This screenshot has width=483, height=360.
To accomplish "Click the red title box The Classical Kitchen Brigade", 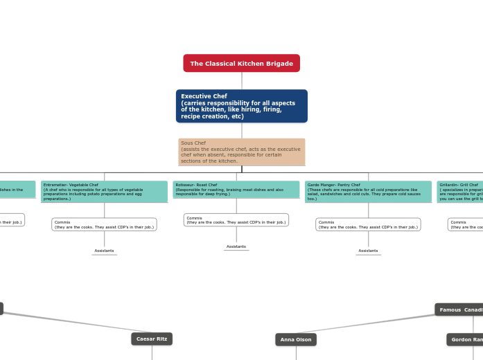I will click(241, 64).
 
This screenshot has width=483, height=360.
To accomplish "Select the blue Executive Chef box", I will click(241, 106).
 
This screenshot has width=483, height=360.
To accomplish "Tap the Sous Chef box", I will click(241, 152).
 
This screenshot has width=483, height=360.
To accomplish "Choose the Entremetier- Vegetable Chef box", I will click(104, 192).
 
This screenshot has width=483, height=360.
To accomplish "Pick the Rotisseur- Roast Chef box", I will click(236, 189).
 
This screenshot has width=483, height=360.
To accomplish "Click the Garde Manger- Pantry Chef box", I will click(368, 192).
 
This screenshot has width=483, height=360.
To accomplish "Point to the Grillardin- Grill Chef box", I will click(460, 192).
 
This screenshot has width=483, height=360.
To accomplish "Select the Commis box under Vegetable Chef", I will click(104, 224).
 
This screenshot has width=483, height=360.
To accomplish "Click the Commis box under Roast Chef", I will click(236, 220).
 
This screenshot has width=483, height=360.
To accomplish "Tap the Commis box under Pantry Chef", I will click(368, 224).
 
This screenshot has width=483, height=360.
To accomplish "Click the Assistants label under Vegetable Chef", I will click(104, 251).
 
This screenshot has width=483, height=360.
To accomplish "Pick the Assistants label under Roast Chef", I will click(236, 246).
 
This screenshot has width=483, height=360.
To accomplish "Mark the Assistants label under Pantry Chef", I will click(368, 251).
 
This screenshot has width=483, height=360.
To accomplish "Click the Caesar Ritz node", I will click(152, 339).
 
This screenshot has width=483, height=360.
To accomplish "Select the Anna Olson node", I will click(296, 339).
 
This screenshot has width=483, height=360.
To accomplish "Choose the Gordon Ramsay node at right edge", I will click(466, 339).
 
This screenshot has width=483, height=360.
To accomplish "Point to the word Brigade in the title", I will click(277, 64).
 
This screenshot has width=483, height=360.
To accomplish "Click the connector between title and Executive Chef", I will click(242, 80).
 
